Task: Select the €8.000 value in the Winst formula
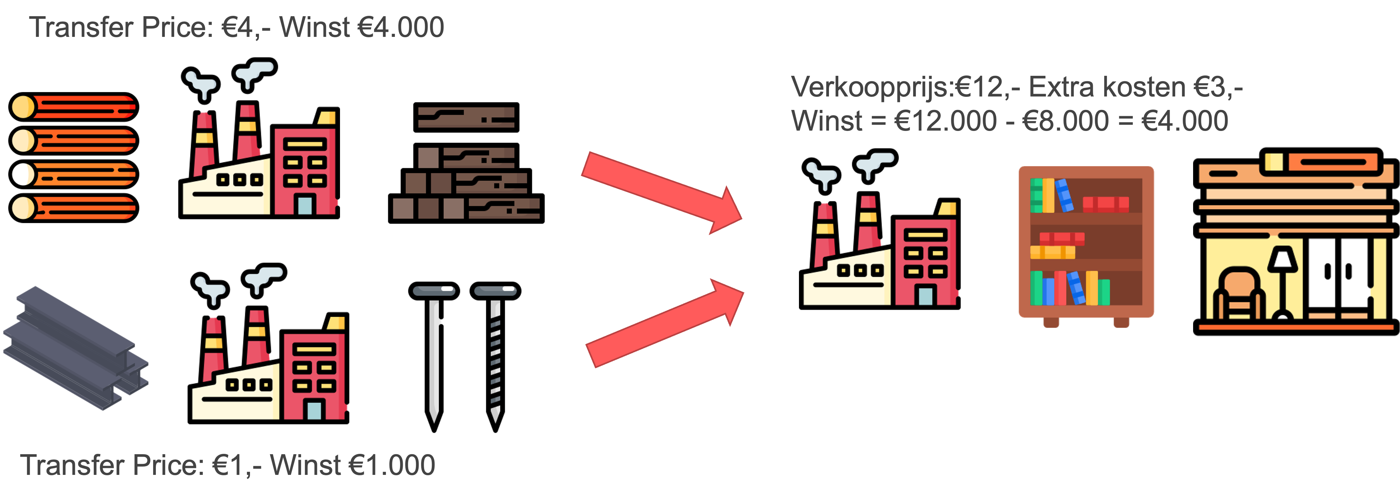(1065, 121)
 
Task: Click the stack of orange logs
(74, 157)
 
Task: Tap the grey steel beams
(76, 347)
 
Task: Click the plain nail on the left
(434, 353)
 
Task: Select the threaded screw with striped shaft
(495, 353)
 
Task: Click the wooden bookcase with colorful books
(1086, 244)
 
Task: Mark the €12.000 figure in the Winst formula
(946, 121)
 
